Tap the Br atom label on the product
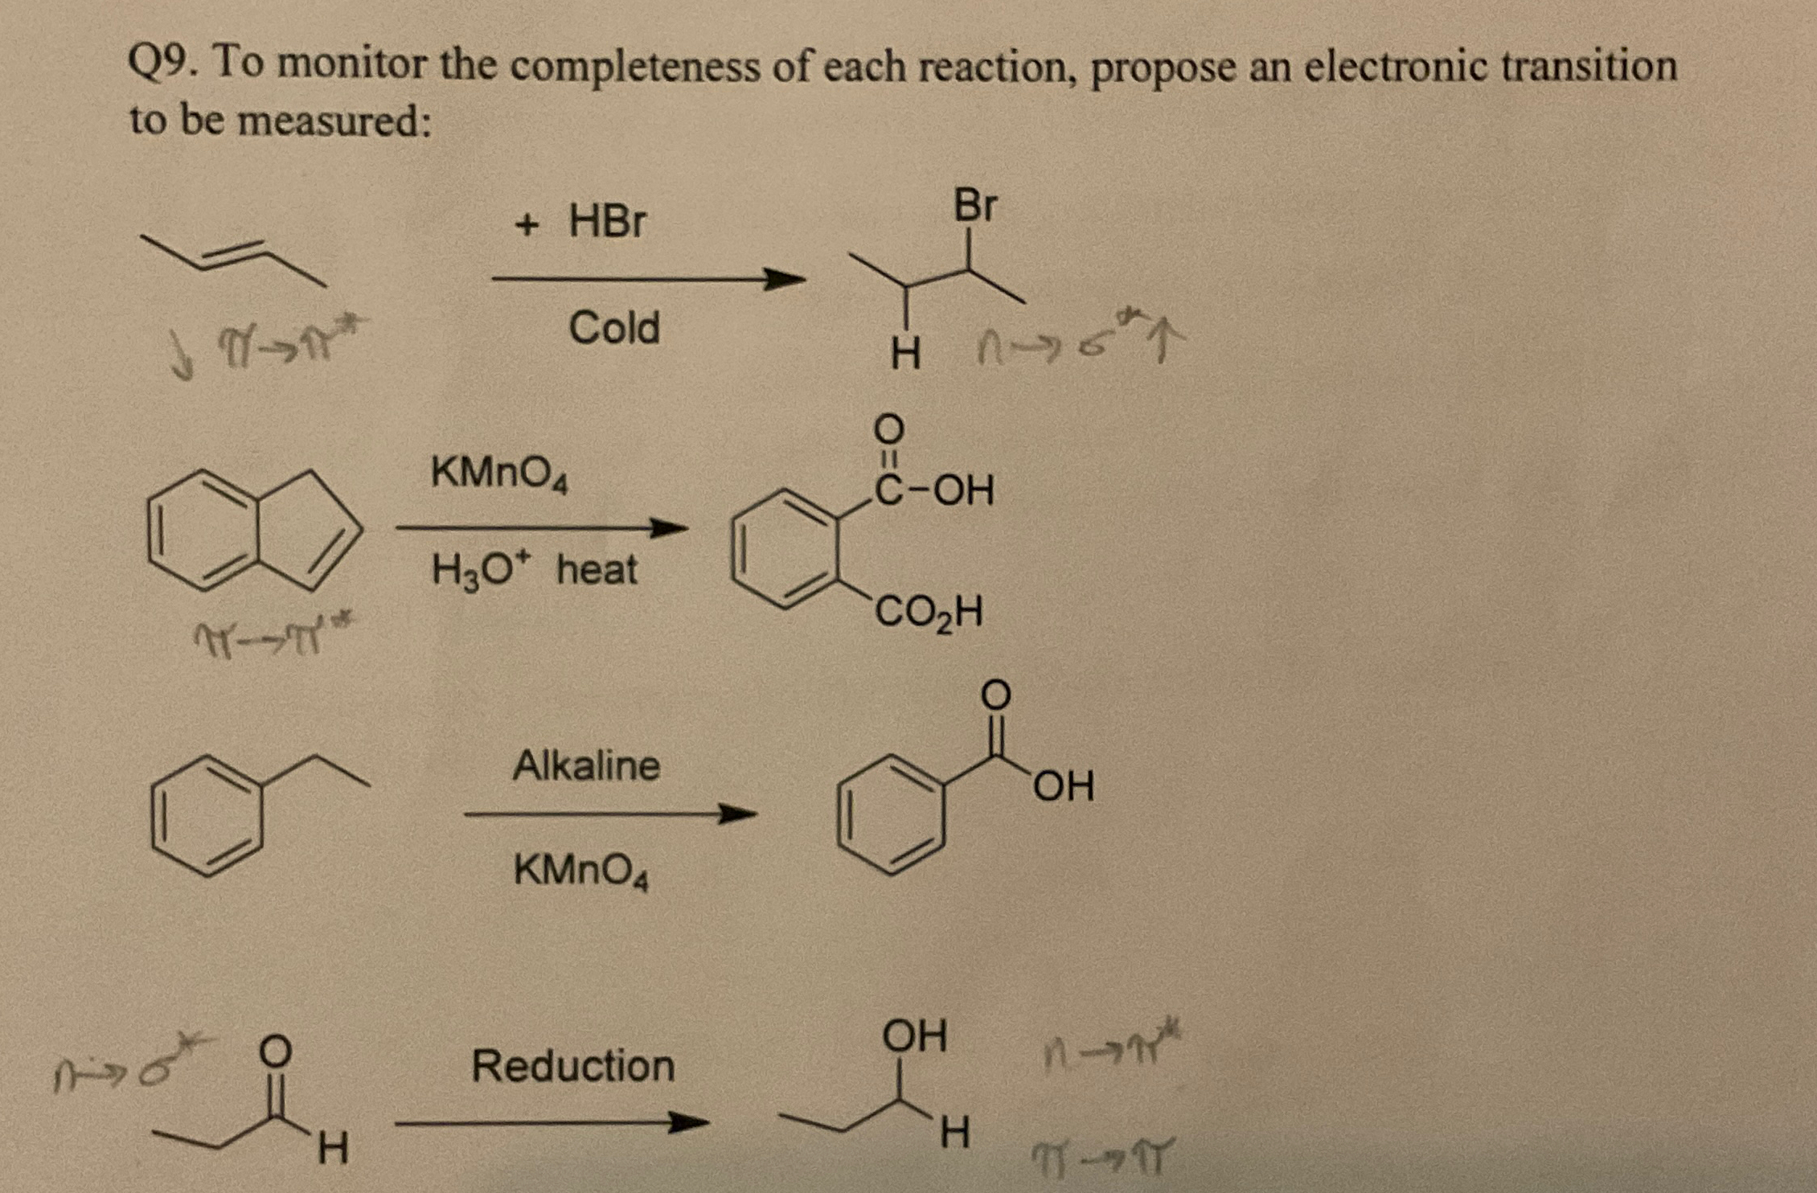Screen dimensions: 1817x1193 [x=974, y=206]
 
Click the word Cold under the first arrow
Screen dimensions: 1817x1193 [x=614, y=328]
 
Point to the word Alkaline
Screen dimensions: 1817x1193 [x=586, y=765]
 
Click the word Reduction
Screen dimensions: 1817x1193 [x=572, y=1066]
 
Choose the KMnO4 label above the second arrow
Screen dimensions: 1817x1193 [x=499, y=473]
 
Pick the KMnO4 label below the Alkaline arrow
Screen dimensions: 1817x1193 [x=580, y=871]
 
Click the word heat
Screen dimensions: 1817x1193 [x=597, y=570]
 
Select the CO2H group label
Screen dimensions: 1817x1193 [x=928, y=613]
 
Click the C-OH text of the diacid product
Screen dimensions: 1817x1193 [x=934, y=490]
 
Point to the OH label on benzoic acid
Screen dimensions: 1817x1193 [x=1063, y=786]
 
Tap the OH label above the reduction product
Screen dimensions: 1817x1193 [x=914, y=1035]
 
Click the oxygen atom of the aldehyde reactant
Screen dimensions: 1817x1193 [x=275, y=1050]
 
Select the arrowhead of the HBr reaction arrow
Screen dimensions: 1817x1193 [x=784, y=280]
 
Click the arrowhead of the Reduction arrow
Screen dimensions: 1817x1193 [x=689, y=1123]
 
